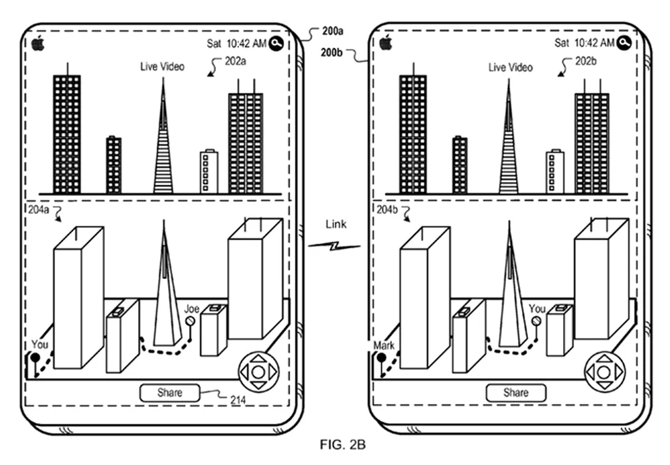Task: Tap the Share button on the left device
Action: pyautogui.click(x=169, y=393)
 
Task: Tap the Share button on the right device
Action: pyautogui.click(x=516, y=393)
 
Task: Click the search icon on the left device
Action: pyautogui.click(x=276, y=43)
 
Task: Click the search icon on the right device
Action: pyautogui.click(x=624, y=43)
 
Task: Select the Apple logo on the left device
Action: pyautogui.click(x=38, y=43)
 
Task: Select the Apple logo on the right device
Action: pyautogui.click(x=386, y=43)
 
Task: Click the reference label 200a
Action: pyautogui.click(x=333, y=31)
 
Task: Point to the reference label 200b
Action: pyautogui.click(x=331, y=52)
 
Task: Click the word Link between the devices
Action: pyautogui.click(x=336, y=225)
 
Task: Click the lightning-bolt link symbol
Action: pyautogui.click(x=334, y=246)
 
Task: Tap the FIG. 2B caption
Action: pyautogui.click(x=343, y=445)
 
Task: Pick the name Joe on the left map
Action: pyautogui.click(x=192, y=309)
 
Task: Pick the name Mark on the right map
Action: pyautogui.click(x=384, y=345)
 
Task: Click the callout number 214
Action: pyautogui.click(x=238, y=400)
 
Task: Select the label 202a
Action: pyautogui.click(x=236, y=61)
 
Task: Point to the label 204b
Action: pyautogui.click(x=386, y=210)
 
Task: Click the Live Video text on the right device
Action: pyautogui.click(x=511, y=68)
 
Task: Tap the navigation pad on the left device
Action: pyautogui.click(x=258, y=372)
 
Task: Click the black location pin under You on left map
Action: pyautogui.click(x=35, y=358)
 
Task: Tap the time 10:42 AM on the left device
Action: pyautogui.click(x=246, y=44)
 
